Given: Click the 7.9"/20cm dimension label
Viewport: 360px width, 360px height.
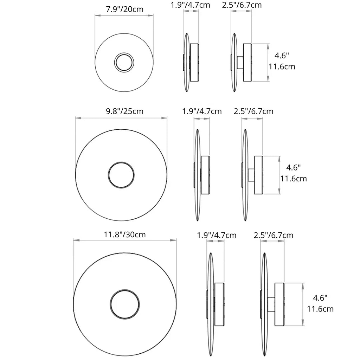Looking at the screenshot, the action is (124, 9).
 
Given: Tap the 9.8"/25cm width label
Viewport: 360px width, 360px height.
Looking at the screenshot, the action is (124, 111).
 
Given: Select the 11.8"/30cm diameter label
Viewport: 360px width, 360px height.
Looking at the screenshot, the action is (125, 234).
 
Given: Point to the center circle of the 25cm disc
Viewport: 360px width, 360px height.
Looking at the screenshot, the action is (121, 162).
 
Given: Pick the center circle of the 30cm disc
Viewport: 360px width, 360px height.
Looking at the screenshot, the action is (125, 290).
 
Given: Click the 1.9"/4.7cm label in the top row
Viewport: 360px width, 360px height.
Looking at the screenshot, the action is (190, 5).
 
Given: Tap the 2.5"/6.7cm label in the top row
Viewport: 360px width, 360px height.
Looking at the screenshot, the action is (242, 5).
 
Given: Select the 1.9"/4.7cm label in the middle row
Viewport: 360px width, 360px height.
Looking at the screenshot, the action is (202, 111).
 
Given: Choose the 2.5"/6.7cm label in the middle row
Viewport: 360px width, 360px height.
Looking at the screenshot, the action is (253, 111).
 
